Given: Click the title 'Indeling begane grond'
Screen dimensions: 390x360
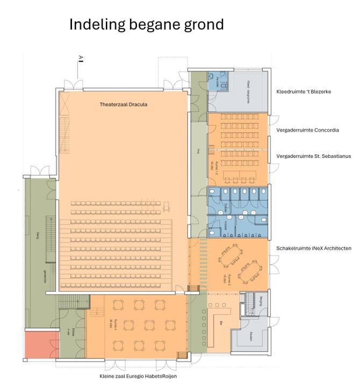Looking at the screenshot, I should (146, 25).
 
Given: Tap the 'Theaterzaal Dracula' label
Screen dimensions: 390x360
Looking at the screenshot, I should (123, 104).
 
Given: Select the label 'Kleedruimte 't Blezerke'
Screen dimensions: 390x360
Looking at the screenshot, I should (304, 92).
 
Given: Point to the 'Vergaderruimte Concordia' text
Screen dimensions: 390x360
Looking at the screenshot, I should (307, 130).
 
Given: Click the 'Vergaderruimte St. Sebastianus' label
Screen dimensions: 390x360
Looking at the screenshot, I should (313, 156).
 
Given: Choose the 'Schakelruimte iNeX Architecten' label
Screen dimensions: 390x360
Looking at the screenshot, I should (314, 248).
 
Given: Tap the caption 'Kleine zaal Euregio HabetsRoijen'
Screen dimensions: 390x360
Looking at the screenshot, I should (138, 376).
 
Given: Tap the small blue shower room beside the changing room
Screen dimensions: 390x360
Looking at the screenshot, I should (219, 82).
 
